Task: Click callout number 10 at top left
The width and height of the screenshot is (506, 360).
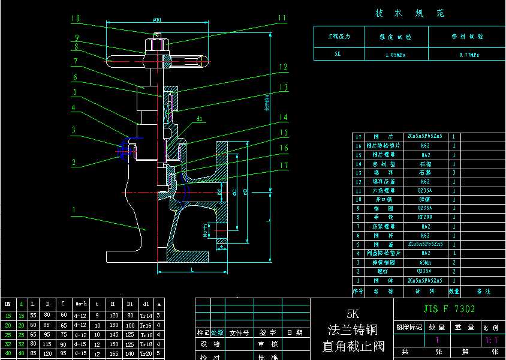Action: tap(75, 19)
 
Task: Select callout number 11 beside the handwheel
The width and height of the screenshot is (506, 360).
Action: tap(282, 19)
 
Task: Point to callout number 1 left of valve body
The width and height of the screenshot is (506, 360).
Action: tap(74, 210)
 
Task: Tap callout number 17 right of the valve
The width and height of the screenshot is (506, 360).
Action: tap(284, 165)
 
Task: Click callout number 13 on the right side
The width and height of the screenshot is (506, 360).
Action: tap(284, 88)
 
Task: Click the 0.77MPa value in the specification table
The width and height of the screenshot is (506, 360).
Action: tap(468, 54)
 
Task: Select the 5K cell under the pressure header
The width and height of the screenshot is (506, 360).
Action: tap(338, 54)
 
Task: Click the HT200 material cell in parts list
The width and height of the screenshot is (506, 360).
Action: tap(424, 218)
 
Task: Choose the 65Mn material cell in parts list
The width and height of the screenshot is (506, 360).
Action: tap(424, 263)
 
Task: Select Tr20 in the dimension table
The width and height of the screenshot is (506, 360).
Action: tap(146, 354)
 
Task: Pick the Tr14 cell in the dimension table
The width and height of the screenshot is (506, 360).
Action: tap(146, 316)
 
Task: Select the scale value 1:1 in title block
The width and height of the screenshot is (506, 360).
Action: tap(495, 340)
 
